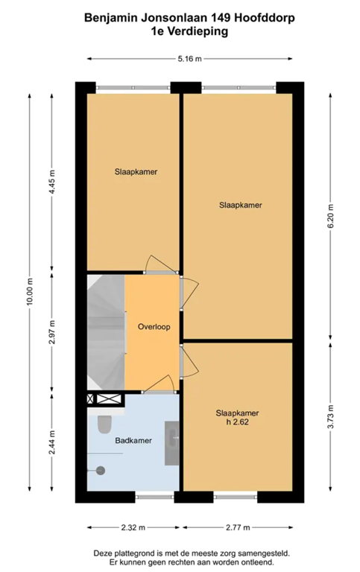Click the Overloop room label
154,327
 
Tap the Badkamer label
133,441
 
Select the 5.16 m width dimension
189,59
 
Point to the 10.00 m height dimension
31,292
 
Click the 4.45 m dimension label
52,182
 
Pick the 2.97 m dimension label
52,332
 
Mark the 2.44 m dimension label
52,442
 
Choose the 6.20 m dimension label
330,216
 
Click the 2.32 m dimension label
133,527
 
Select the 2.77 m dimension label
238,527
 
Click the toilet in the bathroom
104,424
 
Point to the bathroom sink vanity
172,443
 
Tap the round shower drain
101,471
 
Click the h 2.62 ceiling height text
237,422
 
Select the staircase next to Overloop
106,332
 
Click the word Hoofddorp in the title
265,18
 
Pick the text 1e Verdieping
189,31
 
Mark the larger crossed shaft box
109,398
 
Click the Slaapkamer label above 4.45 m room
136,172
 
